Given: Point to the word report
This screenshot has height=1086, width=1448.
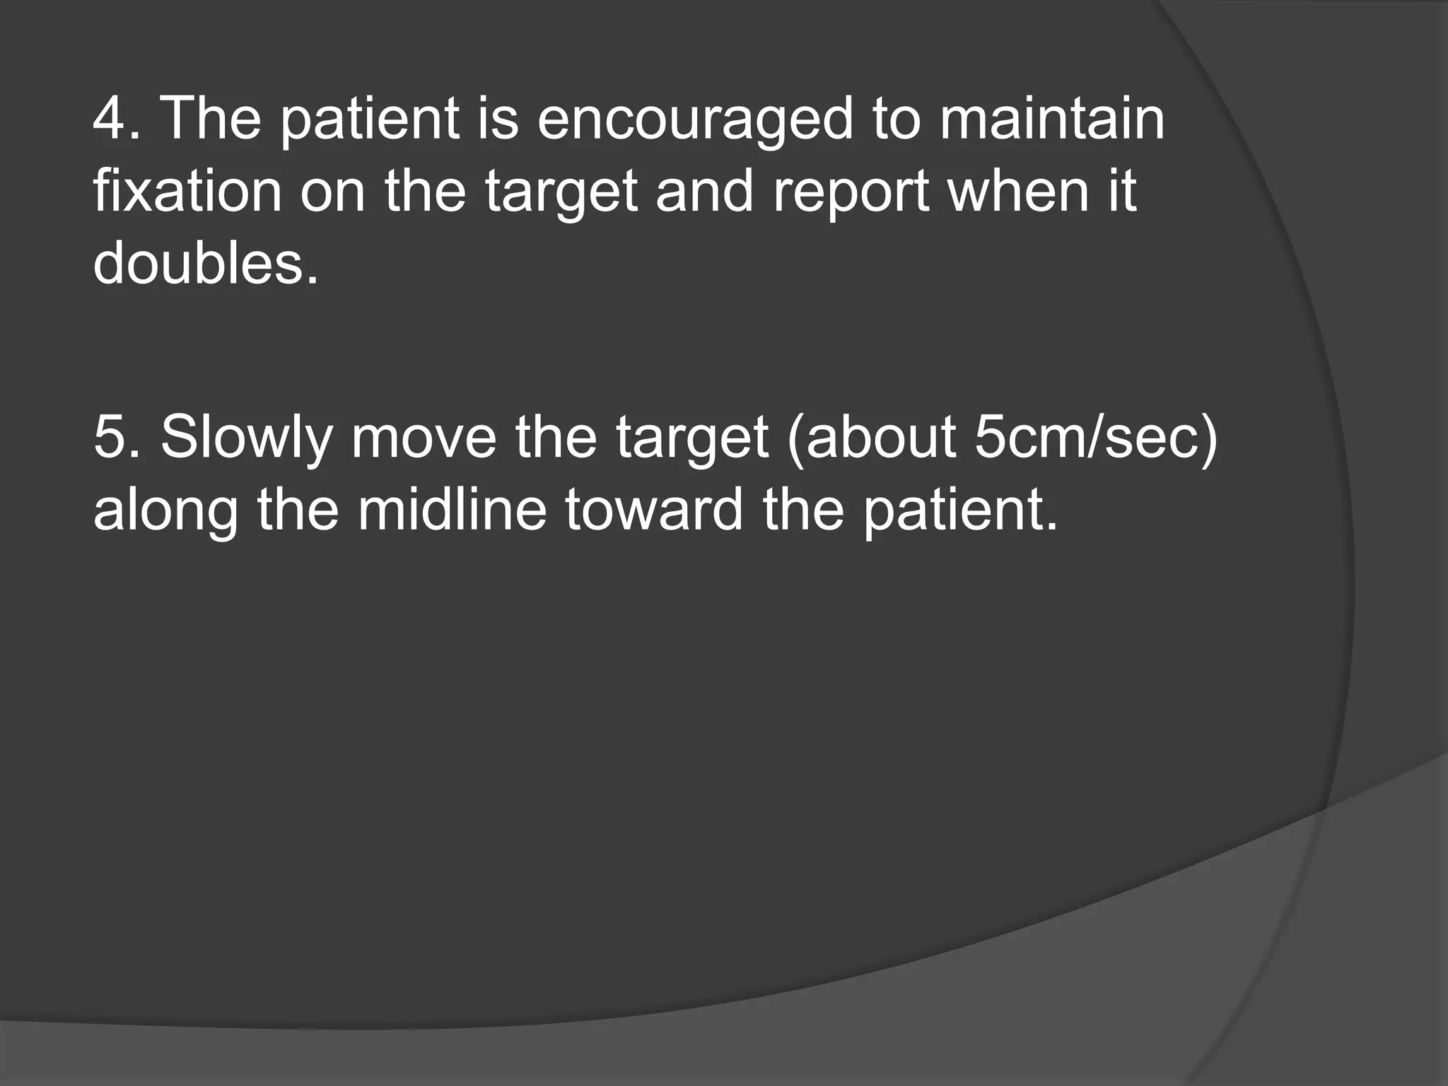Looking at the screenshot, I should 851,192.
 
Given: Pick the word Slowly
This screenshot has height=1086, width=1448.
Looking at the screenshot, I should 246,439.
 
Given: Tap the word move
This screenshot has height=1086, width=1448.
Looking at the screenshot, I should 424,438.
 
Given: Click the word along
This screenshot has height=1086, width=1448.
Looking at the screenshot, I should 165,510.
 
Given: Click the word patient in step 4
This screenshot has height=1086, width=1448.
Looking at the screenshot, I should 370,120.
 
